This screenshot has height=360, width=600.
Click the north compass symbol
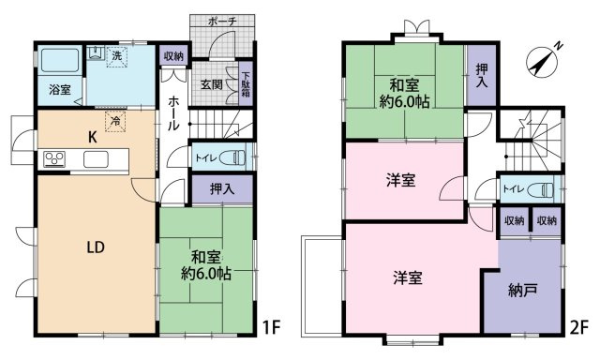(543, 60)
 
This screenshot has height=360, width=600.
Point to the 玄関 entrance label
(211, 83)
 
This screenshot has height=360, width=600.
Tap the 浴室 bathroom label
(55, 91)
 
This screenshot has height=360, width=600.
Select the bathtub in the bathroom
(61, 62)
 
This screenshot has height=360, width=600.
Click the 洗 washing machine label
(116, 56)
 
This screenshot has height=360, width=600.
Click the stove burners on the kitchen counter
(53, 158)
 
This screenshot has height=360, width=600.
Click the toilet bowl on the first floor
(236, 157)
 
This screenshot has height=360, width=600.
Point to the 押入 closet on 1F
(222, 189)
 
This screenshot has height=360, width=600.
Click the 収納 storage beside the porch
(173, 57)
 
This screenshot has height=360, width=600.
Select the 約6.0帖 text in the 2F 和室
(405, 102)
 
